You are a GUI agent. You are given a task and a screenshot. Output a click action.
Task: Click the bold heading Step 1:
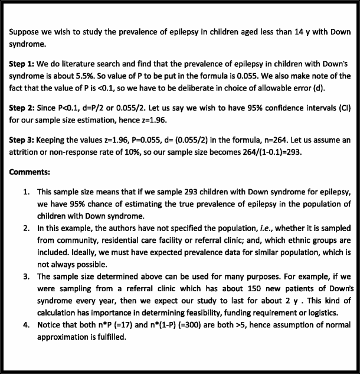22,63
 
